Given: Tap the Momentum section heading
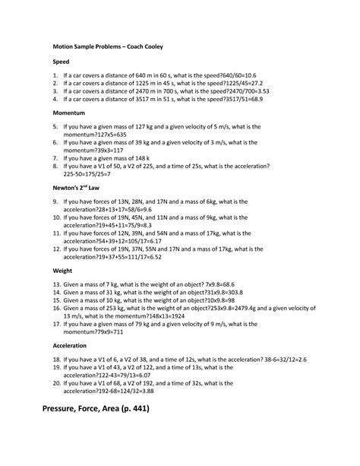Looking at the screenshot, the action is (x=70, y=111).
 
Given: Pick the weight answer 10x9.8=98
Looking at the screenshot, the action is (x=241, y=301).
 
